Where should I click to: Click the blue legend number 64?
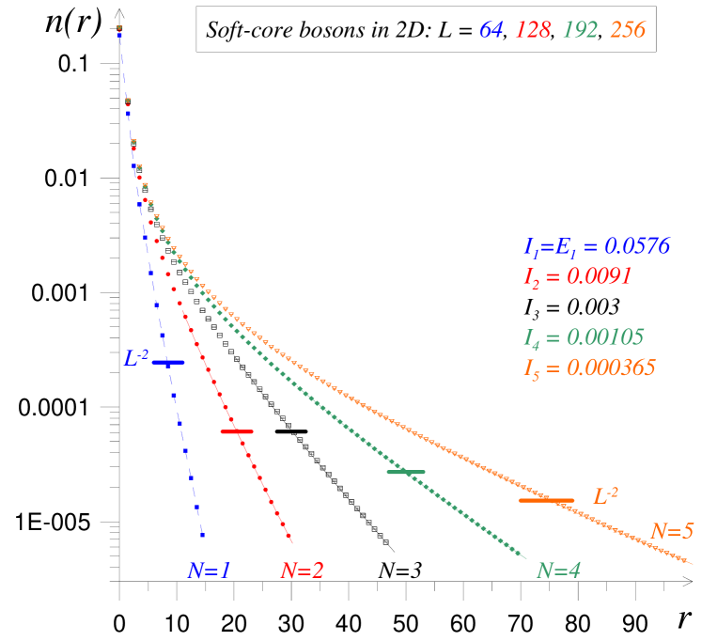pos(491,30)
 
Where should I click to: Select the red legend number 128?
pos(533,30)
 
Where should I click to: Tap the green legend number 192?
pos(580,30)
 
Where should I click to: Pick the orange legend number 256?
pos(627,30)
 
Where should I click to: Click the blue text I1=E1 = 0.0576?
pos(596,247)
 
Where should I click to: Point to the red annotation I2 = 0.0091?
pos(577,276)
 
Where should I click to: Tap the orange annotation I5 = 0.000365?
pos(589,367)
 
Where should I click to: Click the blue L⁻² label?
pos(136,358)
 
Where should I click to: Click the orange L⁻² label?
pos(605,495)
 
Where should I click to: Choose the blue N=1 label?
pos(209,571)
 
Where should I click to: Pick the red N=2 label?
pos(302,571)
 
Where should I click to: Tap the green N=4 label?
pos(558,571)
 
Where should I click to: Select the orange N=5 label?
pos(671,531)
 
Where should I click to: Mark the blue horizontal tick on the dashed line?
pos(168,362)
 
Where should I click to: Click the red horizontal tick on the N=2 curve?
pos(237,431)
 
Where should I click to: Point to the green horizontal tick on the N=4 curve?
pos(406,472)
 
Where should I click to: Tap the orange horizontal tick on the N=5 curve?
pos(546,500)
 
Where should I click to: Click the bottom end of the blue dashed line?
pos(203,538)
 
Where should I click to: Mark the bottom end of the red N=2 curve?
pos(292,542)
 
